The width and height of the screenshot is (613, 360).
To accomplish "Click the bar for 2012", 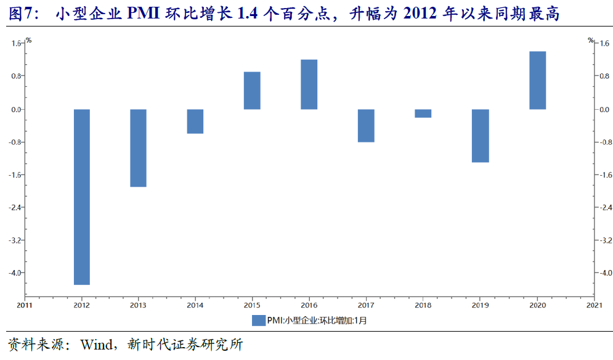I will (82, 197).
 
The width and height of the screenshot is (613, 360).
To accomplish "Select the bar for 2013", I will (139, 148).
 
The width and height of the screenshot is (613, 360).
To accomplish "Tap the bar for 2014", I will (195, 121).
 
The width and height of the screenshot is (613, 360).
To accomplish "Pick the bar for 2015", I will (252, 91).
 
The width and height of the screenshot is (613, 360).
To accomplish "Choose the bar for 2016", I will (309, 84).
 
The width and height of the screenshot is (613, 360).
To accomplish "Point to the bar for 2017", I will (366, 126).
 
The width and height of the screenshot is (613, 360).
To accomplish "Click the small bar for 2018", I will (423, 113).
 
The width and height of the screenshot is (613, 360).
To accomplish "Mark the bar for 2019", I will (480, 136).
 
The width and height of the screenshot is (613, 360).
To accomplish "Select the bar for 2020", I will (537, 80).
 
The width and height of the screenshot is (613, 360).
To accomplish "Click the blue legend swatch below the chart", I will (258, 321).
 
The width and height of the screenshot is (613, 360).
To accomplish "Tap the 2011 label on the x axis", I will (25, 305).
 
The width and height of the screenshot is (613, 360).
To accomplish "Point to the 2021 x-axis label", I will (595, 305).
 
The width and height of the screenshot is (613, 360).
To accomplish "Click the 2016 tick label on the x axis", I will (309, 305).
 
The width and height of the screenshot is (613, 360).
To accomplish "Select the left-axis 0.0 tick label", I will (15, 109).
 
